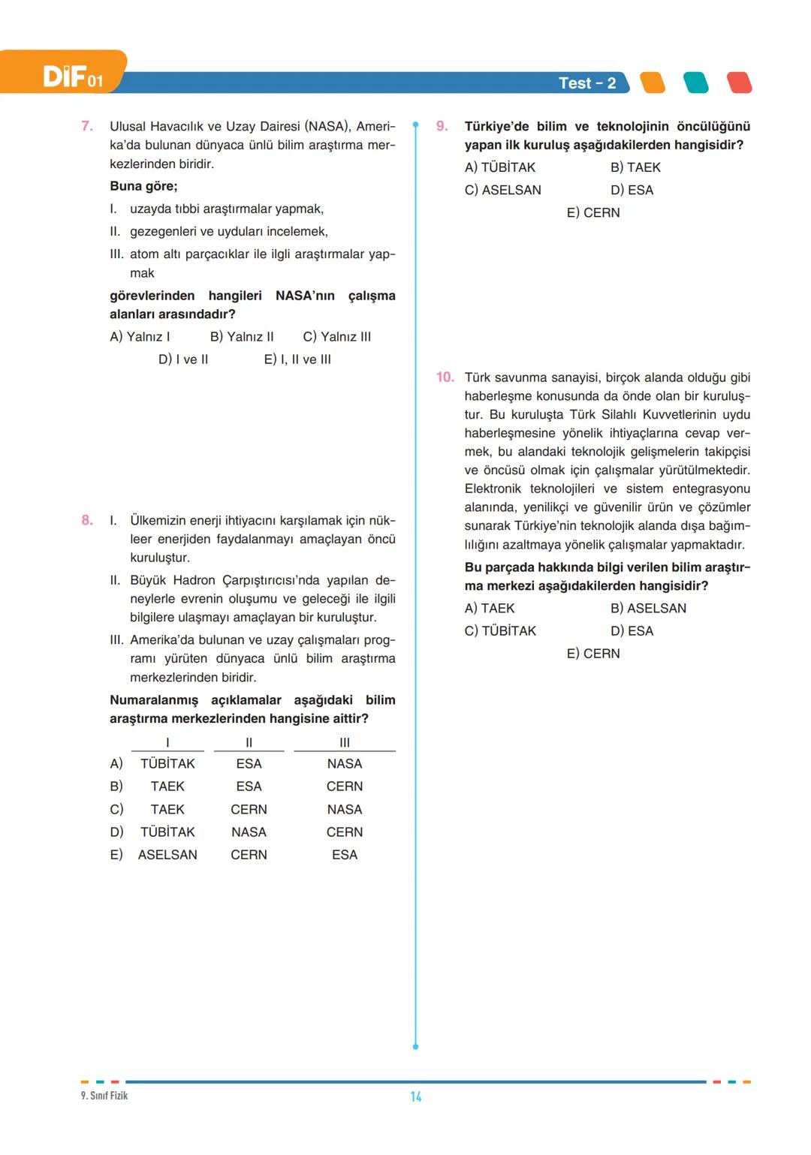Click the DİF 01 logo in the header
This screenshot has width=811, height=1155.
(x=71, y=76)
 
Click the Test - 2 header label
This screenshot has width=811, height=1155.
(x=586, y=83)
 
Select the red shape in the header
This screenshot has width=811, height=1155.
(x=739, y=83)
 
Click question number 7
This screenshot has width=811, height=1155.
(x=87, y=126)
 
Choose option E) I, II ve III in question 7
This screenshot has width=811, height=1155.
(x=297, y=359)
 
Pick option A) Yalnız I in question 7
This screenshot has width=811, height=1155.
(x=140, y=337)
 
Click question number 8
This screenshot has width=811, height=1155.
(x=87, y=520)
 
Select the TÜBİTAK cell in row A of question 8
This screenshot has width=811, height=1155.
(x=167, y=764)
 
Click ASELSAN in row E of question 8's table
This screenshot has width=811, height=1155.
(x=167, y=855)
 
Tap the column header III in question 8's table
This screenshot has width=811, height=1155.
(x=345, y=742)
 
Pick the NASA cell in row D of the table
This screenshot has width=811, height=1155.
(x=249, y=832)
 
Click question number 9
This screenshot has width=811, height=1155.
(x=442, y=126)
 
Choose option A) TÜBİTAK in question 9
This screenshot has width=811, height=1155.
(x=500, y=167)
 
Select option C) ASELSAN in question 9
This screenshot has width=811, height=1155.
(x=502, y=190)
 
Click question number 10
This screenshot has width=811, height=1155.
(x=445, y=377)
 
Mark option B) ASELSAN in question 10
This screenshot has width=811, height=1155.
(x=648, y=609)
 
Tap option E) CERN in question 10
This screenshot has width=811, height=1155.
(x=593, y=654)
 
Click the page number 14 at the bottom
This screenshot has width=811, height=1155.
(x=415, y=1096)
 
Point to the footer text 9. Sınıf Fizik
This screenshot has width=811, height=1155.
(x=104, y=1096)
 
